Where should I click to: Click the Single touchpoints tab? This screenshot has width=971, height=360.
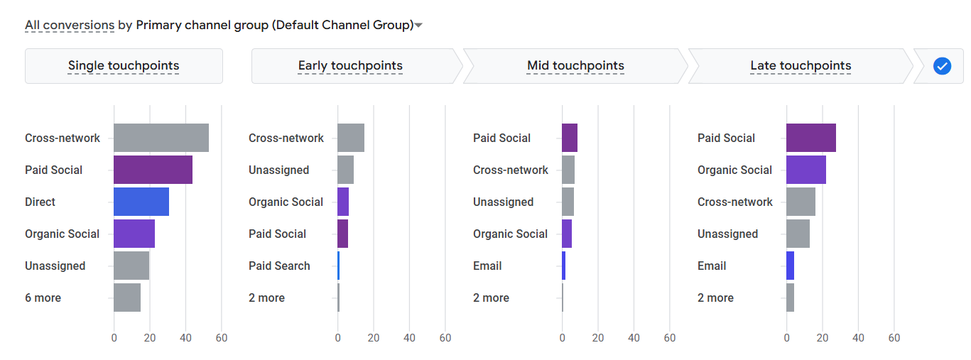coord(124,66)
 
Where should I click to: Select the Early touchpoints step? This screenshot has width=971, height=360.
coord(350,66)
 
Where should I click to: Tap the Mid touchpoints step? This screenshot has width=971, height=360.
coord(575,66)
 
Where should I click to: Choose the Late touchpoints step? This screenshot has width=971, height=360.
coord(801,66)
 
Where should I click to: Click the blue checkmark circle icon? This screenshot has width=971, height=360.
coord(942,66)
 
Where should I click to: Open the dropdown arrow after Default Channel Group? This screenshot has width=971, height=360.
coord(419,26)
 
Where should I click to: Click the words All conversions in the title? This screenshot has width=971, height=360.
coord(70,26)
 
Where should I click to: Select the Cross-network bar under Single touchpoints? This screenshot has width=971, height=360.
coord(161,138)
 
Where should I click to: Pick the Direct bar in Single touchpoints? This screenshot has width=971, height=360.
coord(141,202)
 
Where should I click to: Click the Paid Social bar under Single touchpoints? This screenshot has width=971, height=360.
coord(153,170)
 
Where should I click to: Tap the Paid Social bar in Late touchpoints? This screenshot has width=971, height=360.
coord(810,138)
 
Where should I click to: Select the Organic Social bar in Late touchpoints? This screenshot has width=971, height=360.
coord(805,170)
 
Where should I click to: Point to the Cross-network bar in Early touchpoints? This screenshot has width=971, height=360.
coord(350,138)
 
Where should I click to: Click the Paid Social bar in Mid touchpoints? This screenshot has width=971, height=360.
coord(569,138)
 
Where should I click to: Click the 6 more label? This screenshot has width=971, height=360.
coord(43,298)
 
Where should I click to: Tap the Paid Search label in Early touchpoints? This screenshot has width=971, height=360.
coord(279,266)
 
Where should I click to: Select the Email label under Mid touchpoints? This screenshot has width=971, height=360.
coord(487,266)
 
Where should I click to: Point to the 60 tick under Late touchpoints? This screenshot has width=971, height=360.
coord(894,338)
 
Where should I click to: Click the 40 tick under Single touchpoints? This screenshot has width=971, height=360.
coord(185,338)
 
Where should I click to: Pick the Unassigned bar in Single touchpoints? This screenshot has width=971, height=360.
coord(131,266)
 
